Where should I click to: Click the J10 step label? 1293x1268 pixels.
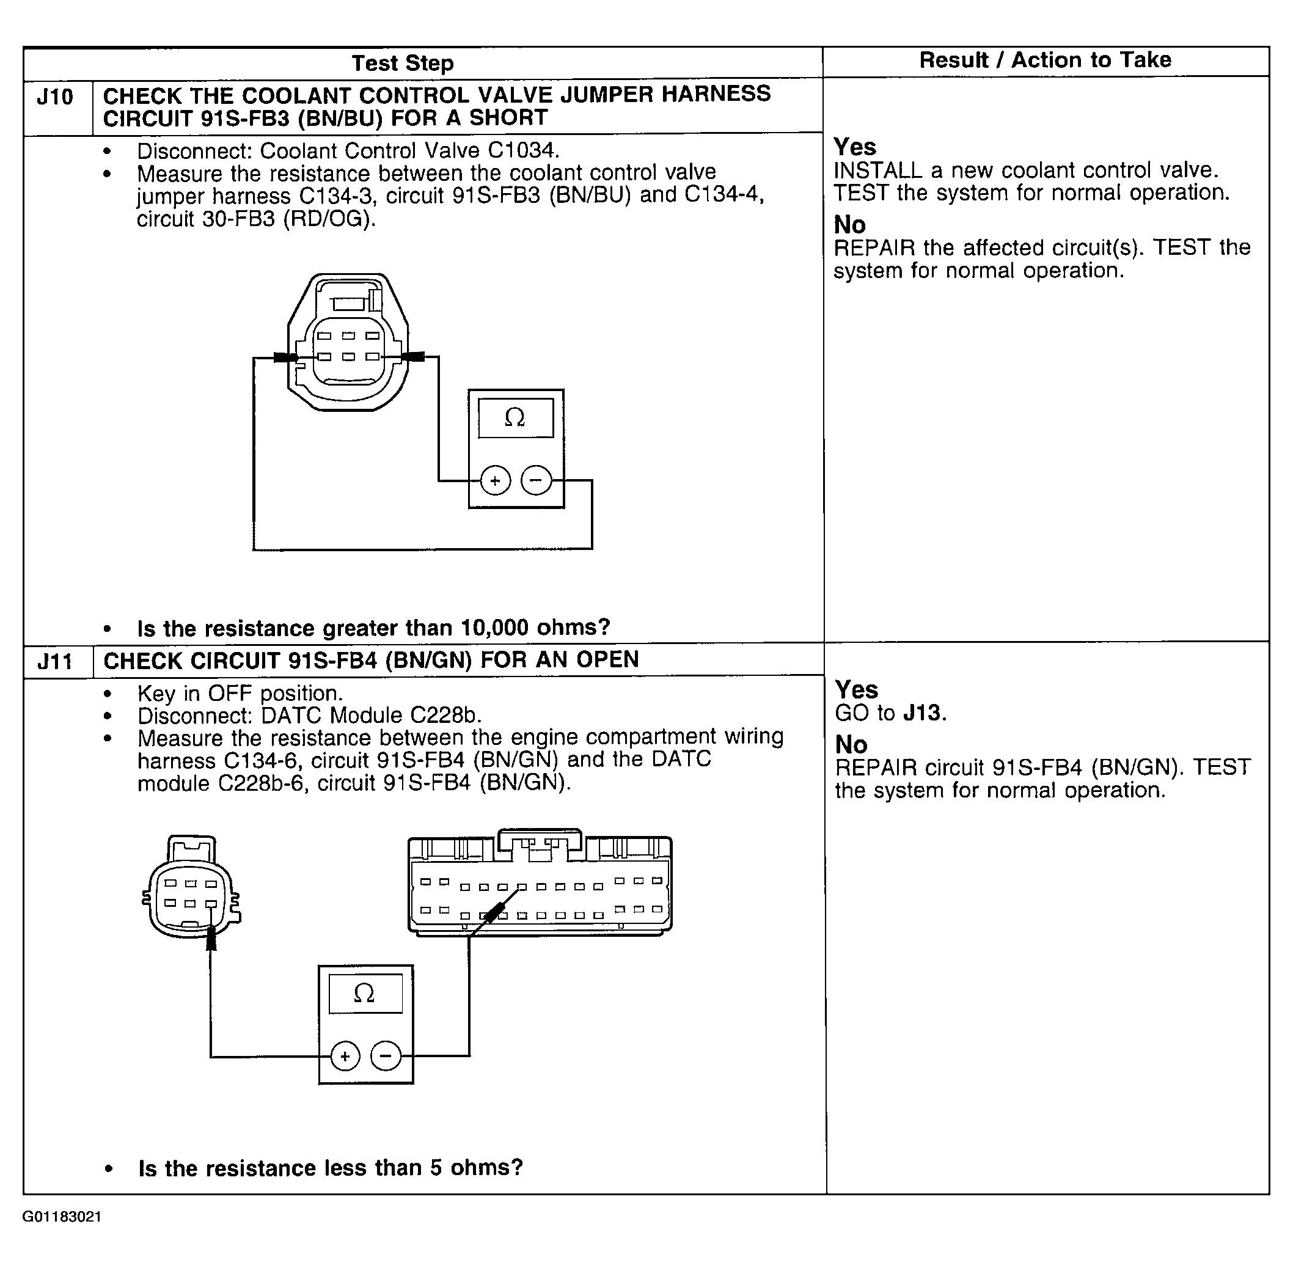coord(55,98)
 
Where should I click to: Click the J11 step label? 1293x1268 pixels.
coord(55,662)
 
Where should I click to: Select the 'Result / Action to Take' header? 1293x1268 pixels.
coord(1045,60)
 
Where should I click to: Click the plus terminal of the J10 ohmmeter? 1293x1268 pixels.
coord(495,481)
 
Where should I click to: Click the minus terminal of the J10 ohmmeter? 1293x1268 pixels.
coord(537,480)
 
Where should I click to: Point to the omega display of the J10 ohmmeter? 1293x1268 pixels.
coord(515,418)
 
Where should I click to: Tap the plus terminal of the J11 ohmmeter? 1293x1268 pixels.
coord(345,1056)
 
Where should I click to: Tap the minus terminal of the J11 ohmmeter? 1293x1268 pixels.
coord(386,1056)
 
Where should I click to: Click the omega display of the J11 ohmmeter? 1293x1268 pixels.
coord(365,994)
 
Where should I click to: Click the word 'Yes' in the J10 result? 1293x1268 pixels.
coord(855,147)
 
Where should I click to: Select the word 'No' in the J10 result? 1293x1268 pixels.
coord(849,225)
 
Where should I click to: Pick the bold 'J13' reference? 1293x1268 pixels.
coord(923,713)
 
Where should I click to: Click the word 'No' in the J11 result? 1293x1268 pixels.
coord(851,744)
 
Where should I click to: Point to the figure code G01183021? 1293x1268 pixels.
coord(62,1217)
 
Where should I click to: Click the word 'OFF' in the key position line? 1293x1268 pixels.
coord(230,693)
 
